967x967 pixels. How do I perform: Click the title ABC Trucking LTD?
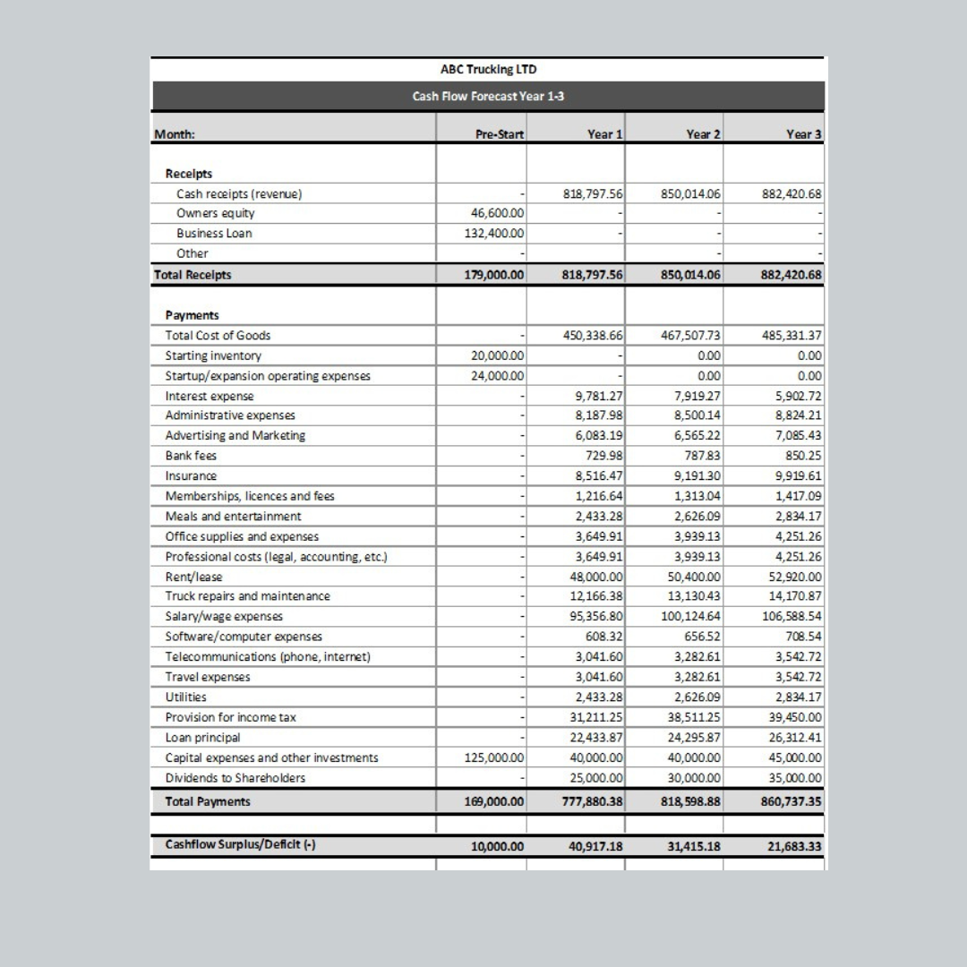click(489, 69)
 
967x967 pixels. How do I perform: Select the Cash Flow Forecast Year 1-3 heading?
click(488, 96)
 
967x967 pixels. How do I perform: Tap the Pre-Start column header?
click(500, 134)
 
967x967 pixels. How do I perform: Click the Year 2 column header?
click(704, 134)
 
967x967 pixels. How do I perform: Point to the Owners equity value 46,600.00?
click(498, 213)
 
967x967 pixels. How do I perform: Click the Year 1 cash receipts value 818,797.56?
click(593, 193)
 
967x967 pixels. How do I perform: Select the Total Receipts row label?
click(193, 275)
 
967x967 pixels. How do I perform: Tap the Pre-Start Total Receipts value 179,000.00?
click(494, 275)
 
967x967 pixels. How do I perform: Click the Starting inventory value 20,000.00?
click(498, 355)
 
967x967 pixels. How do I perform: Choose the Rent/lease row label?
click(194, 577)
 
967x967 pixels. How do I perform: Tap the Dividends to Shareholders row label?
click(235, 777)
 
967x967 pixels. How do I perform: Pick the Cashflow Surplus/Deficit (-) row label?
click(239, 844)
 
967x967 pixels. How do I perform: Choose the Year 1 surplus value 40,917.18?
click(596, 846)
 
